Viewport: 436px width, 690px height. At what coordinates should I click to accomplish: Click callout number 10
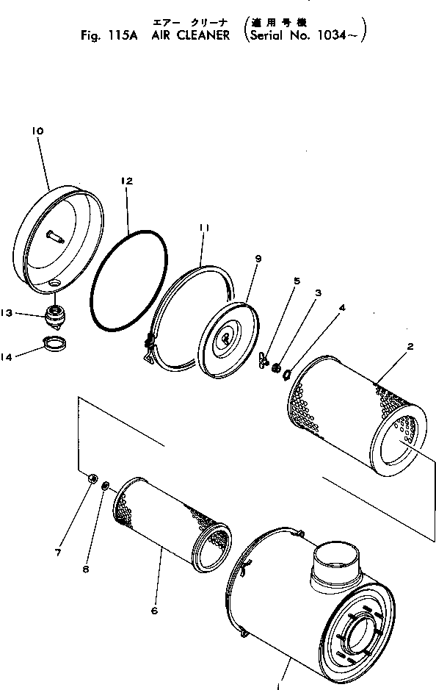coord(37,131)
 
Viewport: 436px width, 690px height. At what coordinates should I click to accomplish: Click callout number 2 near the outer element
coord(410,345)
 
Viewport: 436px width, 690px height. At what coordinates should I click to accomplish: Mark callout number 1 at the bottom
coord(279,686)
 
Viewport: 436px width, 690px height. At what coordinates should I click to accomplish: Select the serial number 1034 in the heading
coord(338,34)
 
